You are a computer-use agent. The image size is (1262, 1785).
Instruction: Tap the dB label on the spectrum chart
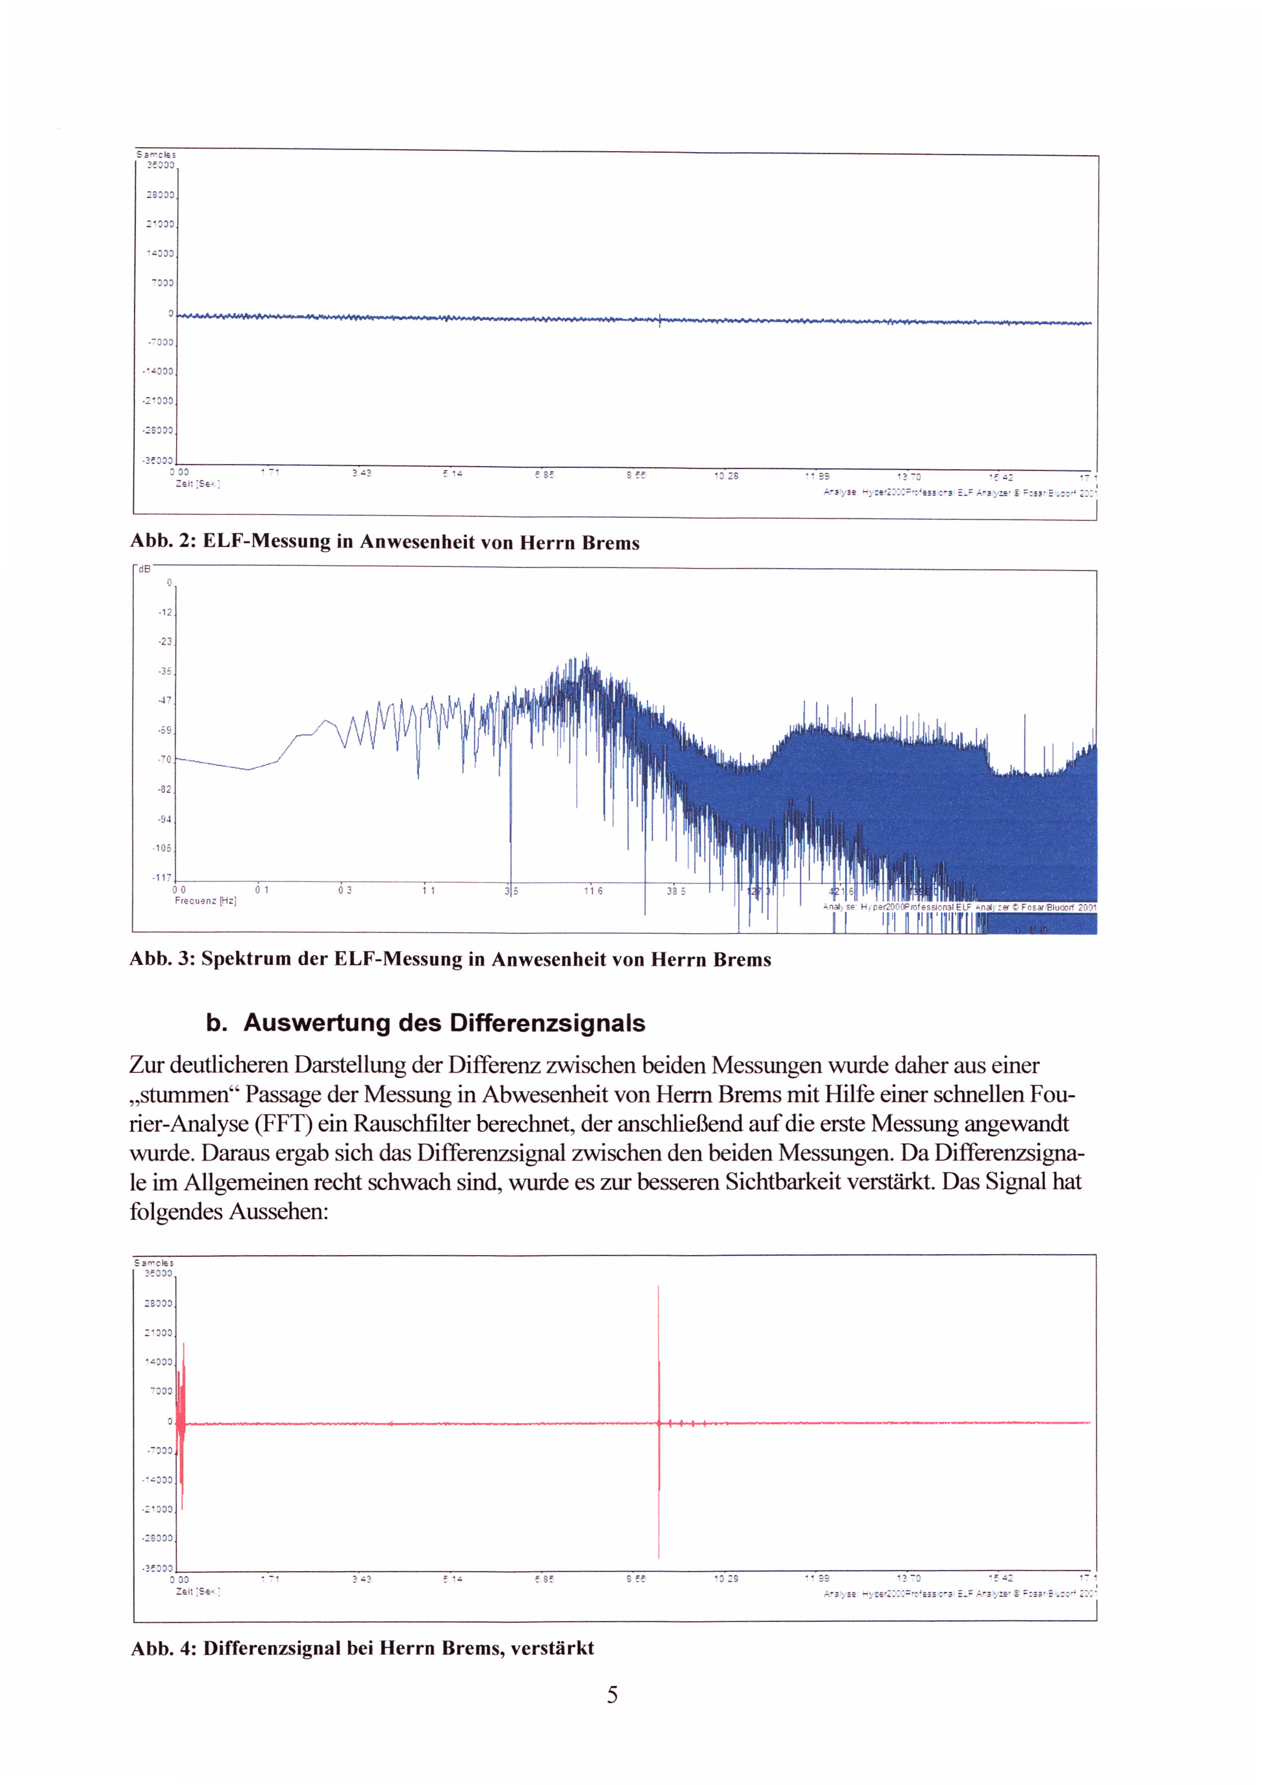click(145, 569)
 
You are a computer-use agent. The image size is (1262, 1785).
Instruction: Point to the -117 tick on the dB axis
click(162, 877)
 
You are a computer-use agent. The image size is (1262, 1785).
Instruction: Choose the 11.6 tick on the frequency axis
click(593, 891)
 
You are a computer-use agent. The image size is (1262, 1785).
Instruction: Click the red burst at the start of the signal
click(181, 1423)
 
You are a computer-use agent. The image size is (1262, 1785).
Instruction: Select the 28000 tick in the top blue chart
click(161, 195)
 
